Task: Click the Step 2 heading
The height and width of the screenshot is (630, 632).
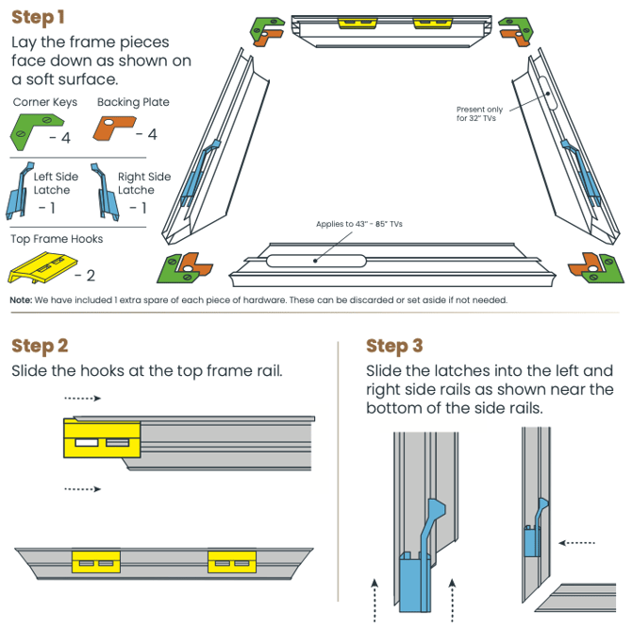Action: pyautogui.click(x=40, y=346)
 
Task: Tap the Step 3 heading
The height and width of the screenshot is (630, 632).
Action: pyautogui.click(x=394, y=346)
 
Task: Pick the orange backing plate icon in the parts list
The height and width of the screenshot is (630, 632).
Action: pyautogui.click(x=115, y=128)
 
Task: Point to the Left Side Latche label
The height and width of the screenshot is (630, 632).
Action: pyautogui.click(x=57, y=183)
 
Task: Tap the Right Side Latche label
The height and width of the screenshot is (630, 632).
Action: pyautogui.click(x=143, y=183)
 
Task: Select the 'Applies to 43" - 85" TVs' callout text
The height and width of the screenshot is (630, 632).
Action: pyautogui.click(x=359, y=224)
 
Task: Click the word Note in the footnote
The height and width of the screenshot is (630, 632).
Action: pyautogui.click(x=21, y=299)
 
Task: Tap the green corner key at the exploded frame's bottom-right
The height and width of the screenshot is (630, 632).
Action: pyautogui.click(x=612, y=268)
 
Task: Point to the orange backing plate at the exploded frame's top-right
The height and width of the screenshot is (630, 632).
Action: pyautogui.click(x=515, y=35)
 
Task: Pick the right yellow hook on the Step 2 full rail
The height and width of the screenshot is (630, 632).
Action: pyautogui.click(x=232, y=562)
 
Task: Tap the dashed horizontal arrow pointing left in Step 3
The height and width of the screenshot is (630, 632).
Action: pyautogui.click(x=576, y=543)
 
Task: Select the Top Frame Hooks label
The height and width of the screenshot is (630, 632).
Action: pyautogui.click(x=57, y=239)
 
